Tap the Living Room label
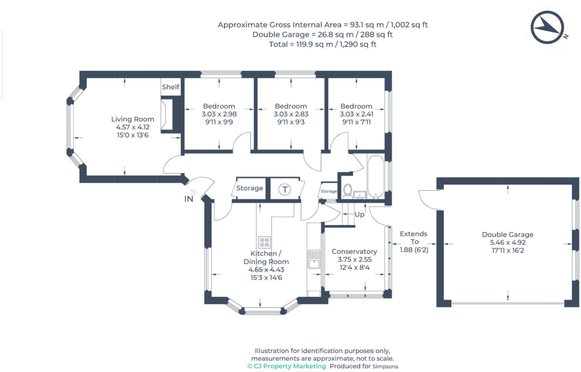(x=133, y=119)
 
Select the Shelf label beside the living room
(x=170, y=87)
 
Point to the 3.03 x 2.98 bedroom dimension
(x=219, y=114)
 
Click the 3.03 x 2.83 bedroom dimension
(x=291, y=114)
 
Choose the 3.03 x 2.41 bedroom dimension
(x=356, y=114)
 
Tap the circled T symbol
(x=285, y=189)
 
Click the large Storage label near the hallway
(x=249, y=188)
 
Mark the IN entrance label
(x=189, y=199)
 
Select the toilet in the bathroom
(x=347, y=190)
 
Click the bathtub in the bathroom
(x=375, y=176)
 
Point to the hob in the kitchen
(x=264, y=242)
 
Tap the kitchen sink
(x=314, y=259)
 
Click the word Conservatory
(x=354, y=252)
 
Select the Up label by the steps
(x=360, y=215)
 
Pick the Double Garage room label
(x=507, y=235)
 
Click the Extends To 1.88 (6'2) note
(x=413, y=242)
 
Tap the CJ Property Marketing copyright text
(x=286, y=366)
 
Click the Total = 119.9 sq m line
(x=323, y=44)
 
